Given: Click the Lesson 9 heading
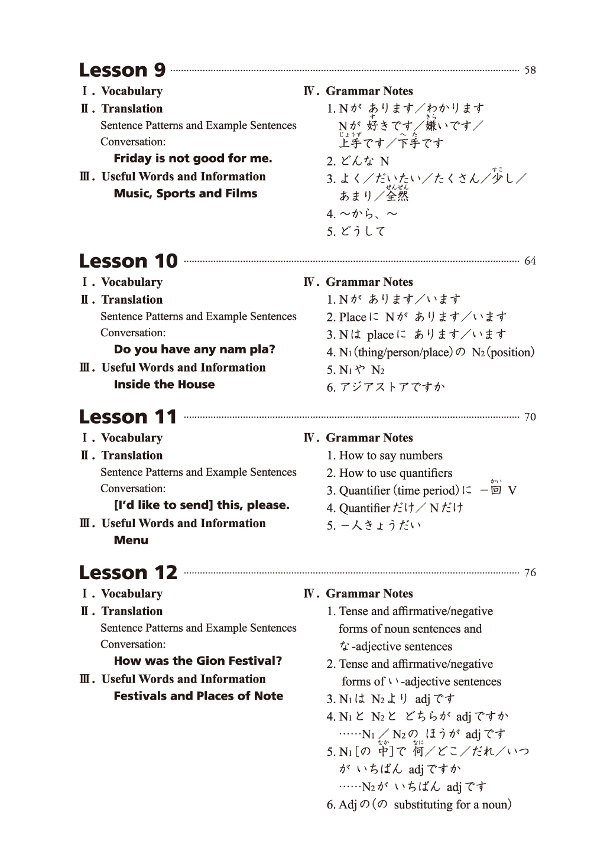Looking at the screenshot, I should point(122,70).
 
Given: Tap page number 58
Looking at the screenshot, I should point(530,70).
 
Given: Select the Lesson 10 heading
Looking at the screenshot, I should point(128,261).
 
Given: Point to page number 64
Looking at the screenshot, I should point(530,261).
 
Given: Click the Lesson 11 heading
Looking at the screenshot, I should point(128,417).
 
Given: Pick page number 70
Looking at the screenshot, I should point(530,417).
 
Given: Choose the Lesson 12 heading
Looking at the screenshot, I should point(128,572).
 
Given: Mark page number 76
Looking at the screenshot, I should point(530,573).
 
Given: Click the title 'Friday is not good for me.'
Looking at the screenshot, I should point(193,158).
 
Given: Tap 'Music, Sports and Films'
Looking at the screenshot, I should point(186,193).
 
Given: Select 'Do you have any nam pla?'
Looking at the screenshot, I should point(194,349).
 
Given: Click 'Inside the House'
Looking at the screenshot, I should point(164,384).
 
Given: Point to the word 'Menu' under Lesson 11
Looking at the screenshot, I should point(131,540).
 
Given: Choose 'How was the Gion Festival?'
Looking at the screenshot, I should point(198,661).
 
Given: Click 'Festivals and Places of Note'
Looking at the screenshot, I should point(199,696).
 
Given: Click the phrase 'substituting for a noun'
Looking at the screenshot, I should point(449,804).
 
